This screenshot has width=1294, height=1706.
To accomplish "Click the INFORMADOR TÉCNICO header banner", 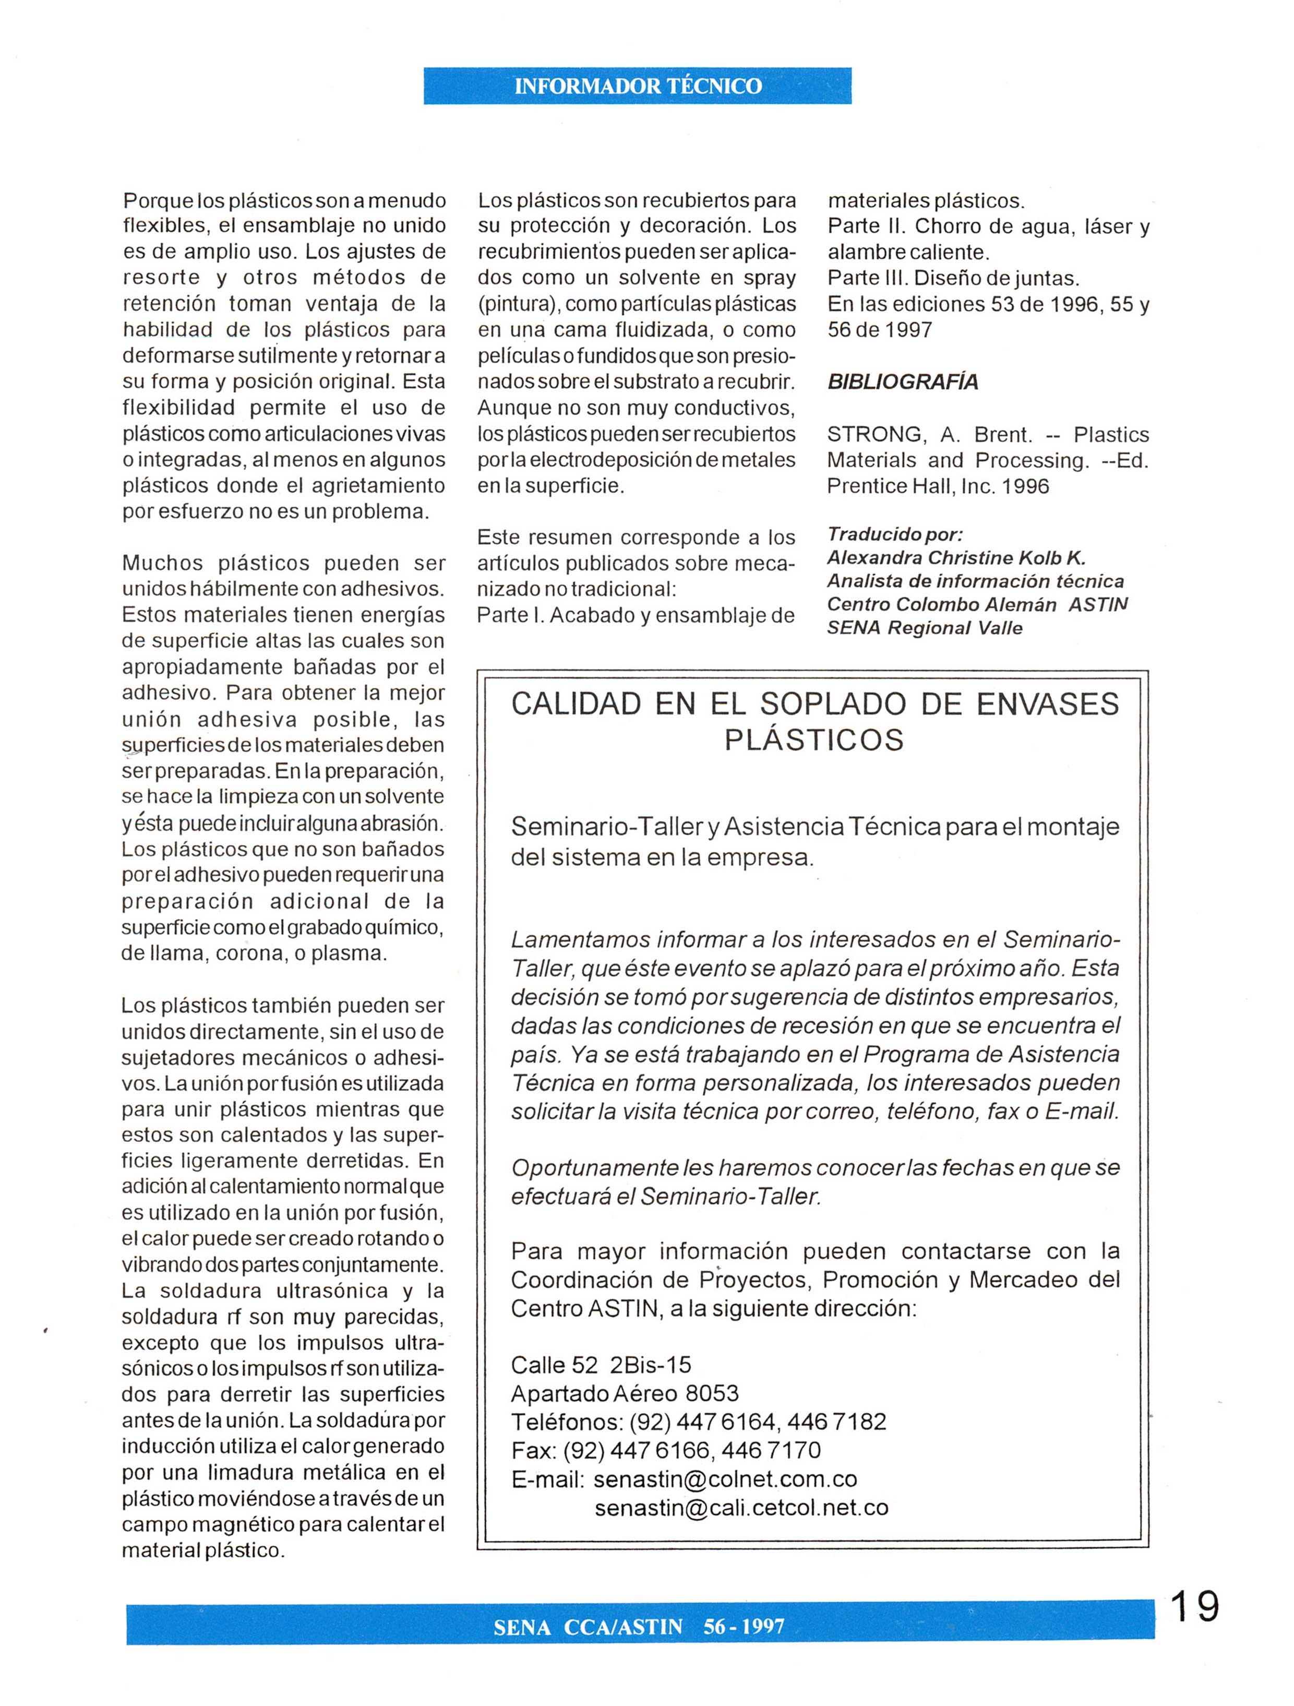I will (x=637, y=86).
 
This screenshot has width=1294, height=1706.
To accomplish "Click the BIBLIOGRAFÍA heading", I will (x=902, y=382).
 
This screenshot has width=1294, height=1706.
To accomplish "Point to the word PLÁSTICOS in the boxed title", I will (x=813, y=741).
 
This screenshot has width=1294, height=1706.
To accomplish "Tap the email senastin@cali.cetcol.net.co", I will (x=741, y=1507).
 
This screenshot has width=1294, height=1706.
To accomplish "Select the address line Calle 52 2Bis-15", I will (x=601, y=1365).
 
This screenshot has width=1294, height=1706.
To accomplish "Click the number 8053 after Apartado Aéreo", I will (x=711, y=1393).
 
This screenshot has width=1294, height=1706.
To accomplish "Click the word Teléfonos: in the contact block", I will (x=567, y=1422).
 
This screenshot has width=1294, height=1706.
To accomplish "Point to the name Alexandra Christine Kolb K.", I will (x=956, y=557).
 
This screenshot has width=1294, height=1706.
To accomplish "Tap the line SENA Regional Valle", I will (x=925, y=628).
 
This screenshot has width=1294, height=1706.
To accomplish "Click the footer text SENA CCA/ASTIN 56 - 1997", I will (x=639, y=1627).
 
